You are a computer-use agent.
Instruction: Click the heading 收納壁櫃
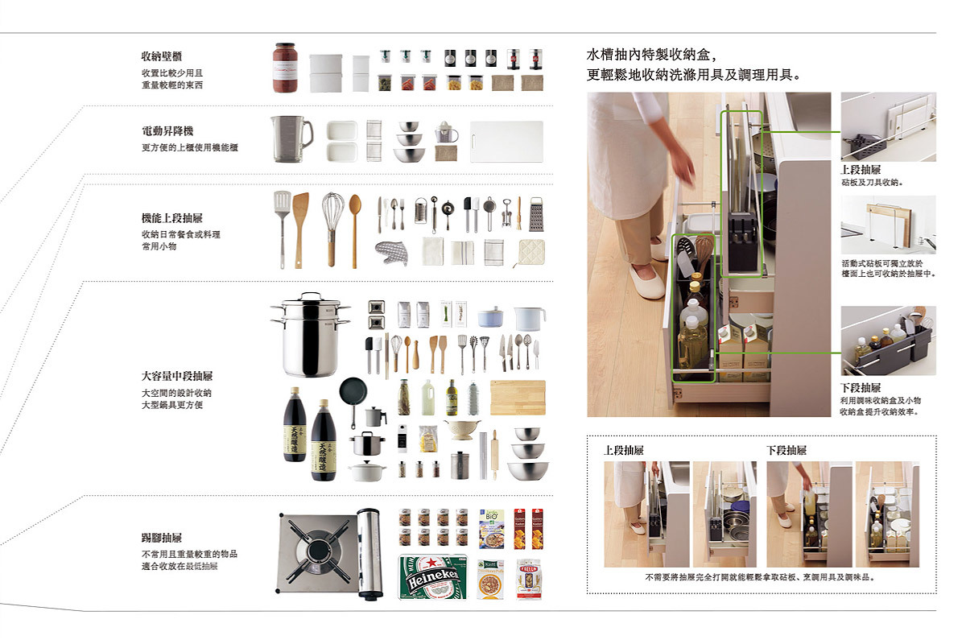(x=162, y=56)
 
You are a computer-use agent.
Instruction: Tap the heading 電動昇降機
(x=167, y=130)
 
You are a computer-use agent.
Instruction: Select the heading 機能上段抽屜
(x=172, y=218)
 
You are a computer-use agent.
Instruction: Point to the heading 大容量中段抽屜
(x=177, y=376)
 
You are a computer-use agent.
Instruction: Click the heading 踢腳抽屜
(x=162, y=538)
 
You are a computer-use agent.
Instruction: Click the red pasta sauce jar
(x=285, y=68)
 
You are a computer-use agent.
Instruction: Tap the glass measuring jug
(x=291, y=139)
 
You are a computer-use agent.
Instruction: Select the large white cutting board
(x=506, y=142)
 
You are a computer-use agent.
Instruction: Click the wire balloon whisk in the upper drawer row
(x=332, y=229)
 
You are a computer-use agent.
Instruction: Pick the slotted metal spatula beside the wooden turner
(x=282, y=229)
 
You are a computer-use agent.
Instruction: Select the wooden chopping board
(x=518, y=398)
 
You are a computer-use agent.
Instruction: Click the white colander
(x=461, y=429)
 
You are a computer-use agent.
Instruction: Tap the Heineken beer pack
(x=433, y=577)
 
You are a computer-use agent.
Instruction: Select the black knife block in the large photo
(x=741, y=242)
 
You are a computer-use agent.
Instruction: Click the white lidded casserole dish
(x=367, y=471)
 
